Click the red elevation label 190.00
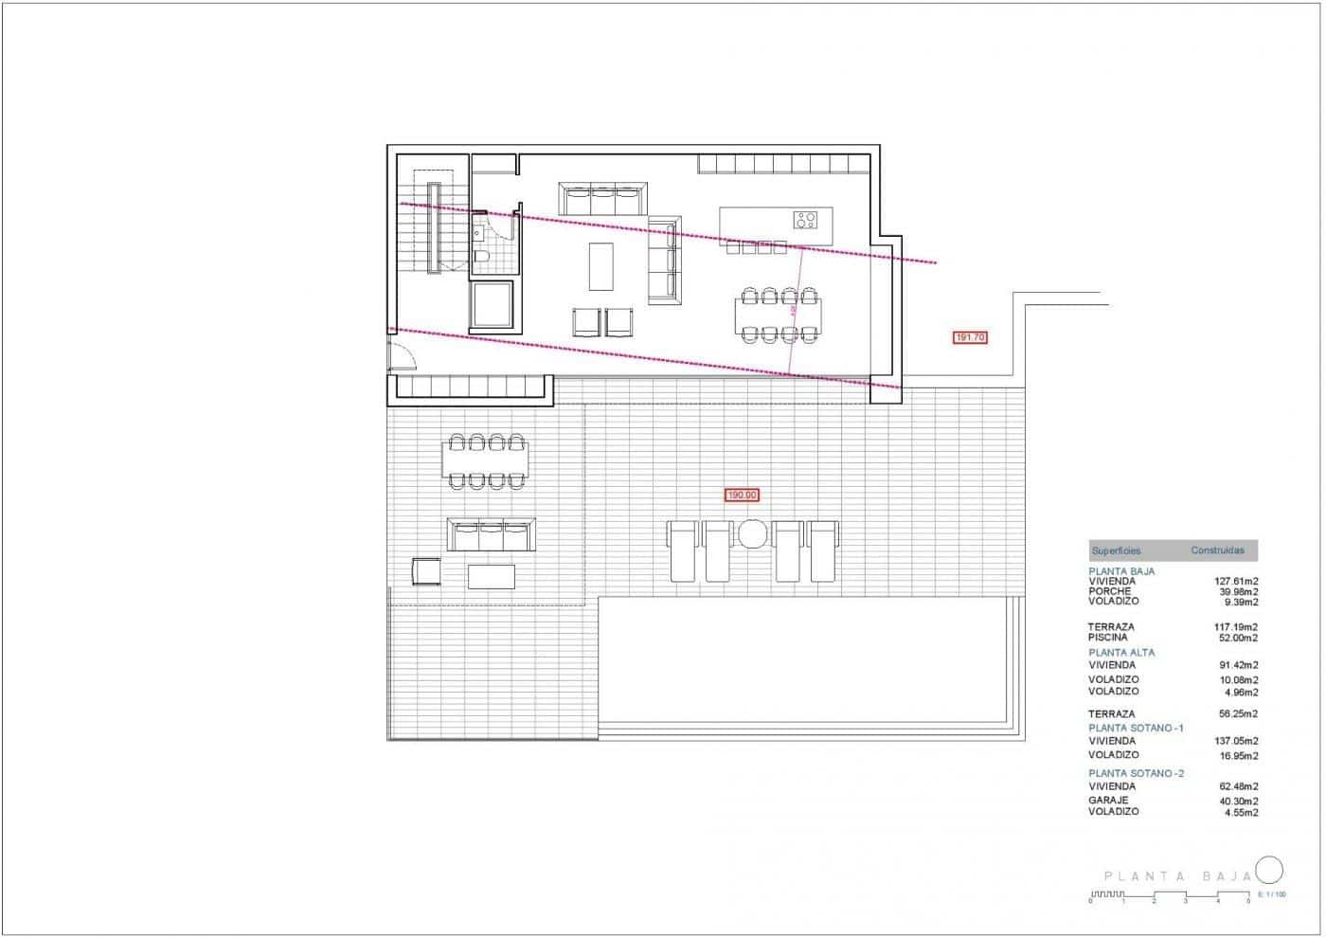coord(743,495)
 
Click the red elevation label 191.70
coord(970,336)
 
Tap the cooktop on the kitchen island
coord(806,220)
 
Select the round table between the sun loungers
coord(753,533)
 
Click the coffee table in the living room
coord(600,266)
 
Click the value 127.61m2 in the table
coord(1236,582)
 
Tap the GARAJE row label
coord(1108,801)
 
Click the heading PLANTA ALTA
coord(1121,653)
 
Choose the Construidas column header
coord(1217,550)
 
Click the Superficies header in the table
coord(1116,550)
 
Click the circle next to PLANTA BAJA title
coord(1269,870)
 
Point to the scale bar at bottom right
coord(1170,895)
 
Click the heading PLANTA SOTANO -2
coord(1136,773)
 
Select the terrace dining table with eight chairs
coord(485,461)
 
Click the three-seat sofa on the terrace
coord(491,534)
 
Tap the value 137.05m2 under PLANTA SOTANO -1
coord(1236,741)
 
